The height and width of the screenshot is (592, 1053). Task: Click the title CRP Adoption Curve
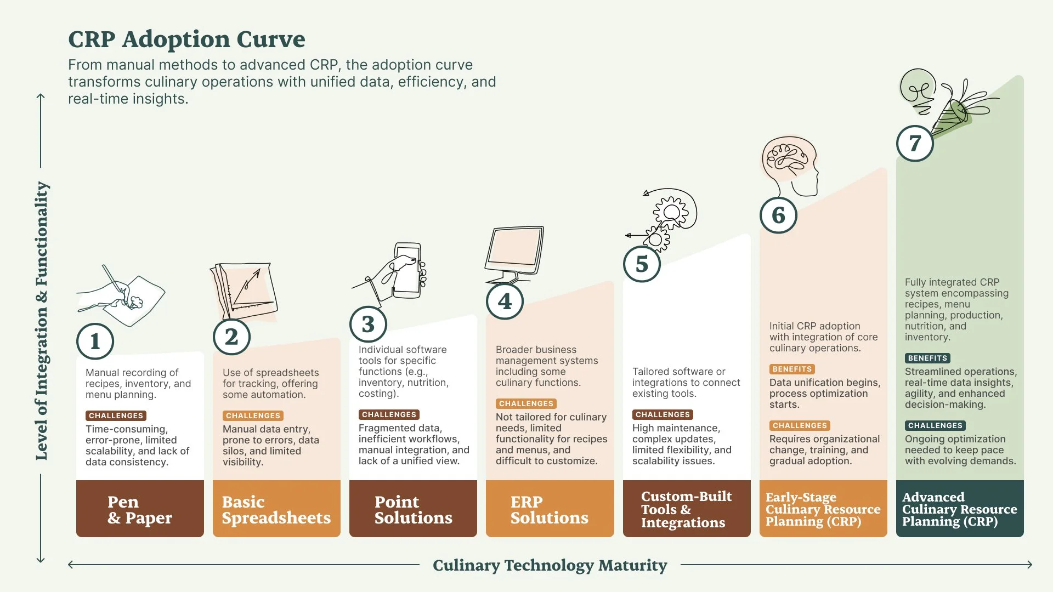click(186, 39)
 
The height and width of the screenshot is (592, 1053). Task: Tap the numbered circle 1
click(95, 341)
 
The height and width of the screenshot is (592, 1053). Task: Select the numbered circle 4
click(505, 301)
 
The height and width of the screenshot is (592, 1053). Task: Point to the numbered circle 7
click(915, 144)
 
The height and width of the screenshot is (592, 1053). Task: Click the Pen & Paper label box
click(140, 509)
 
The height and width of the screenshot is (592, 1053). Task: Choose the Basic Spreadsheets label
click(276, 509)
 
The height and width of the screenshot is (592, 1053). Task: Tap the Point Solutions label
click(413, 509)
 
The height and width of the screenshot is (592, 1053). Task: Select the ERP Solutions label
click(550, 509)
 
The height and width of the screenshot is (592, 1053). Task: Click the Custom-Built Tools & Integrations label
click(686, 509)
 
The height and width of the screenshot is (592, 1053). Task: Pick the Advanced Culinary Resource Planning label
click(960, 509)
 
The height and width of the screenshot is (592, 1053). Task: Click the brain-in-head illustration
click(790, 164)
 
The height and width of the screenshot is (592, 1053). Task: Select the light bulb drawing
click(918, 90)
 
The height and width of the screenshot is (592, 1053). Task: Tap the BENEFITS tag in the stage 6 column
click(792, 369)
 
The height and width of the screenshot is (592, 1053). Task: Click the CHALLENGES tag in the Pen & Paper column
click(116, 416)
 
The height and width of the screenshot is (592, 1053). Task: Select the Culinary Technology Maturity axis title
click(550, 565)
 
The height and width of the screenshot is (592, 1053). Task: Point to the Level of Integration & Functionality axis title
click(42, 321)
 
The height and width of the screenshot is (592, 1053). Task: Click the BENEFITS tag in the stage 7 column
click(927, 358)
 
